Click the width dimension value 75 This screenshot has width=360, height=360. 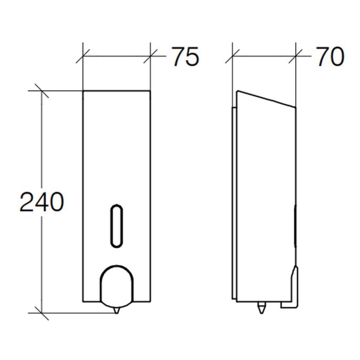(x=184, y=57)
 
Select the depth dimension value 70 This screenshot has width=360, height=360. (x=330, y=57)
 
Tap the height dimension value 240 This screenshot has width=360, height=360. (x=42, y=202)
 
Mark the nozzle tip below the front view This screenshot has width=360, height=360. (x=116, y=312)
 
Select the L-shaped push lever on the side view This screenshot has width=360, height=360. (x=292, y=292)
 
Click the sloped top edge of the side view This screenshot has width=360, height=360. (x=265, y=99)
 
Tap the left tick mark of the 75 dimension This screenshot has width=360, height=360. (x=83, y=54)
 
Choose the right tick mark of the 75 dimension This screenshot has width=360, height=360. (x=151, y=54)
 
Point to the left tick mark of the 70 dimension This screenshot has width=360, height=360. (x=233, y=54)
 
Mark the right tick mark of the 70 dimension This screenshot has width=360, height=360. (x=297, y=54)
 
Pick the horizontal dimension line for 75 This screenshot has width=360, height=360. (x=117, y=54)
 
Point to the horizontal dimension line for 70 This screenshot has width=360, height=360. (x=265, y=54)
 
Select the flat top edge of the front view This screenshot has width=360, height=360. (x=117, y=91)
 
